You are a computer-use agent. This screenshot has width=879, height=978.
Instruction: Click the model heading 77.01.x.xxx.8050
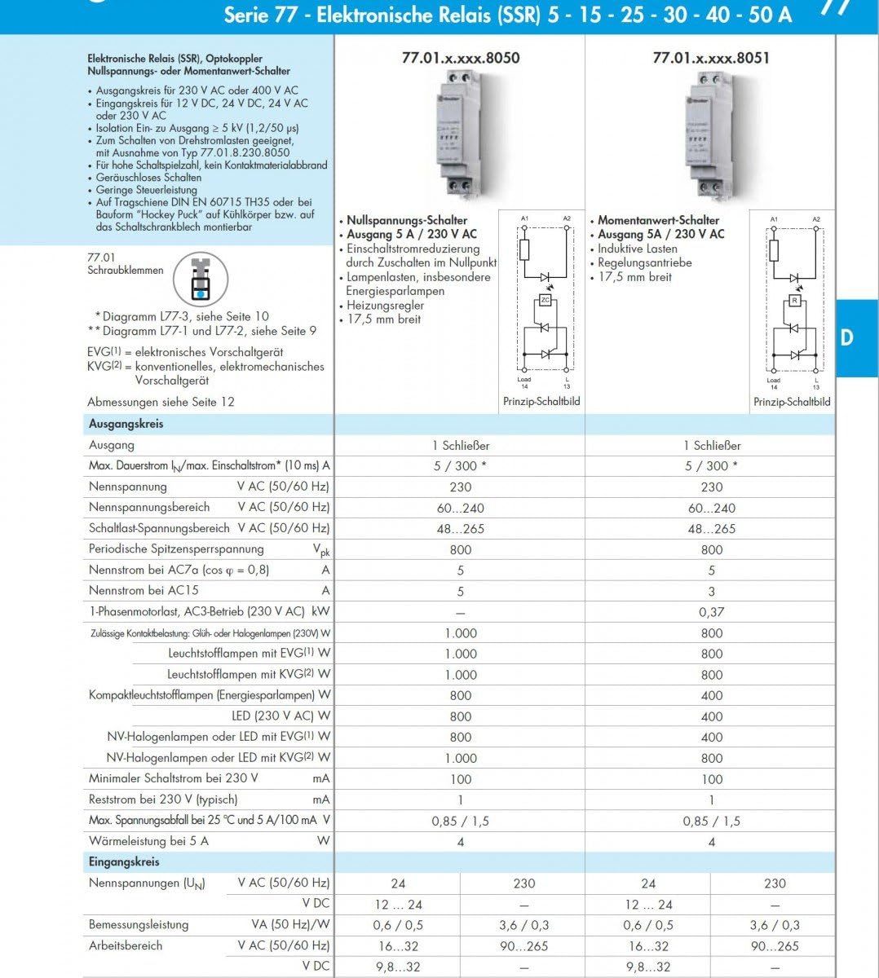coord(460,58)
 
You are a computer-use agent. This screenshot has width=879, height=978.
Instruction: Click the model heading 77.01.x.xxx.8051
coord(710,58)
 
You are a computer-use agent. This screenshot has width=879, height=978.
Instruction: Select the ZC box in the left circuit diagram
coord(545,301)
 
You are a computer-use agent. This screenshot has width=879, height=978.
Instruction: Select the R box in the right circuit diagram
coord(794,301)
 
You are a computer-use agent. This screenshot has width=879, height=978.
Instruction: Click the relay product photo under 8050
coord(460,134)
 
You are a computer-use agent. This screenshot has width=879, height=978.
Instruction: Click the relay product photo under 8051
coord(711,134)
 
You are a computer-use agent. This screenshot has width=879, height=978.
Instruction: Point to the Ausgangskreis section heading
coord(126,424)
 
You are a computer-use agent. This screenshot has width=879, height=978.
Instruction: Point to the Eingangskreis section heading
coord(124,861)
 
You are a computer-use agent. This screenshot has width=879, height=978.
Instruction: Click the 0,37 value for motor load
coord(711,612)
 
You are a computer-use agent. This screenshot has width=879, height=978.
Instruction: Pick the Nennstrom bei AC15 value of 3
coord(711,591)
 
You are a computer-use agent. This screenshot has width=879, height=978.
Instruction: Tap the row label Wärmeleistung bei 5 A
coord(148,841)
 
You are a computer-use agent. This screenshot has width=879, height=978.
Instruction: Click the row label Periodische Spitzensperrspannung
coord(176,549)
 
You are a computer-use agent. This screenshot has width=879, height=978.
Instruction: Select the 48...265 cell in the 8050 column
coord(460,529)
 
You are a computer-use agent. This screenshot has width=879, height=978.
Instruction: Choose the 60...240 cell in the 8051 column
coord(711,508)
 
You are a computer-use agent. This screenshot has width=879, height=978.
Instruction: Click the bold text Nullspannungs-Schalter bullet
coord(407,220)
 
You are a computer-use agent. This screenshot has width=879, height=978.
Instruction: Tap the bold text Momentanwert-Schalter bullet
coord(658,220)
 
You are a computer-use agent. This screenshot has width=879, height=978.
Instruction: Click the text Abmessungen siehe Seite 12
coord(161,402)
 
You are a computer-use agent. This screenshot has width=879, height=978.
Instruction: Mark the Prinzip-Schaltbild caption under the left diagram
coord(541,402)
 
